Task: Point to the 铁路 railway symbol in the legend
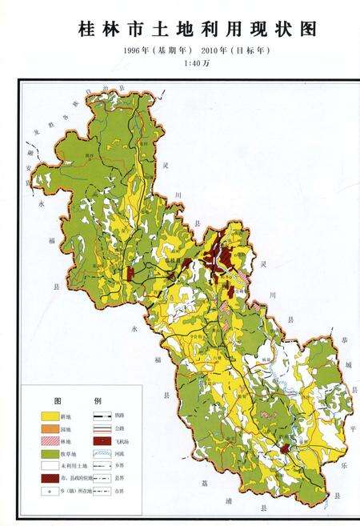(x=102, y=417)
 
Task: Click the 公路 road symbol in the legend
(x=102, y=429)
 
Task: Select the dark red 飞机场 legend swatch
(x=102, y=441)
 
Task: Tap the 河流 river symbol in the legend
(x=102, y=453)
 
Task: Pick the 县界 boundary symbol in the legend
(x=102, y=477)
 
